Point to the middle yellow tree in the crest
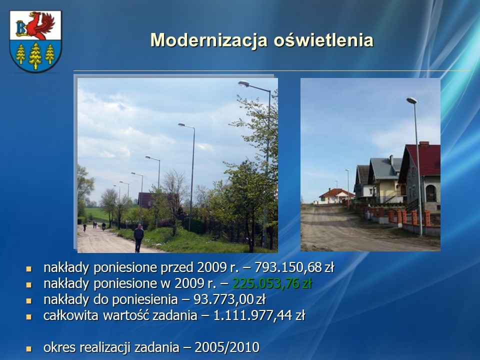[35, 55]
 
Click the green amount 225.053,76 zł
[272, 283]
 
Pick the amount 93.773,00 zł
[229, 299]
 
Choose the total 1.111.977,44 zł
[259, 315]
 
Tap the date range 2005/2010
[227, 347]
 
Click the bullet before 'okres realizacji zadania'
[29, 348]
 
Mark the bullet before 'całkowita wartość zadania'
[29, 317]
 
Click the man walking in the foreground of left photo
[138, 238]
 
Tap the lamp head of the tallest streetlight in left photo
[243, 83]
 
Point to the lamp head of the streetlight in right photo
[411, 100]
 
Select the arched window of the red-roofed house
[430, 193]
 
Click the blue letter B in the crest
[21, 28]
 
